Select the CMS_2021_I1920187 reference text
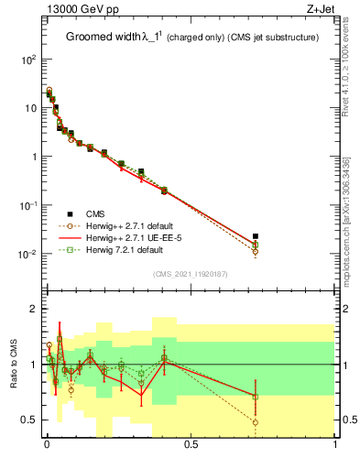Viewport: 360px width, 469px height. pyautogui.click(x=191, y=274)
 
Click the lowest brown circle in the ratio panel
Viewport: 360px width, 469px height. pyautogui.click(x=256, y=422)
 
